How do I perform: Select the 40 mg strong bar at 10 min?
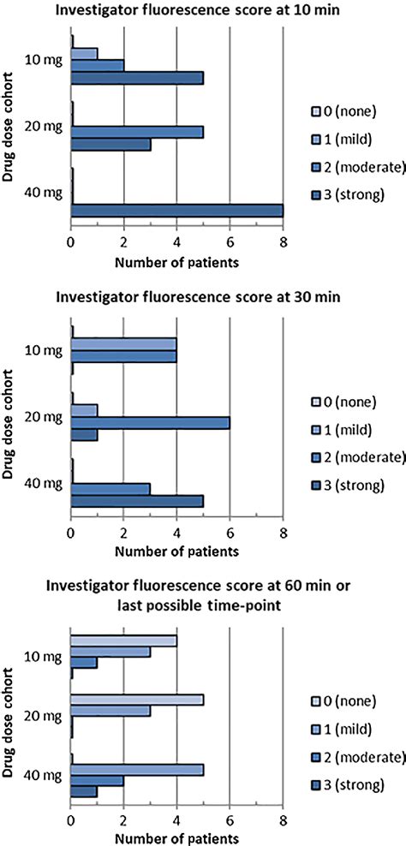tap(176, 211)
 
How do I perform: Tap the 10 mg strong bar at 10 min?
tap(137, 77)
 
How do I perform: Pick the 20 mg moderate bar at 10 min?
tap(137, 132)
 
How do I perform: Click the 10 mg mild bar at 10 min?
tap(84, 52)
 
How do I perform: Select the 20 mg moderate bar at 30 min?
tap(150, 422)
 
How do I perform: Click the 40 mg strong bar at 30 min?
tap(137, 500)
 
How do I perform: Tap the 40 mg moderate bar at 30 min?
tap(110, 488)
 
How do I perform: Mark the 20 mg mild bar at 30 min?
tap(84, 409)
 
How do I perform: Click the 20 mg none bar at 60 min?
tap(137, 699)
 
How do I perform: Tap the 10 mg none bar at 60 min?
tap(123, 640)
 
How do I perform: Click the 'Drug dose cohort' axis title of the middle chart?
tap(12, 424)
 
